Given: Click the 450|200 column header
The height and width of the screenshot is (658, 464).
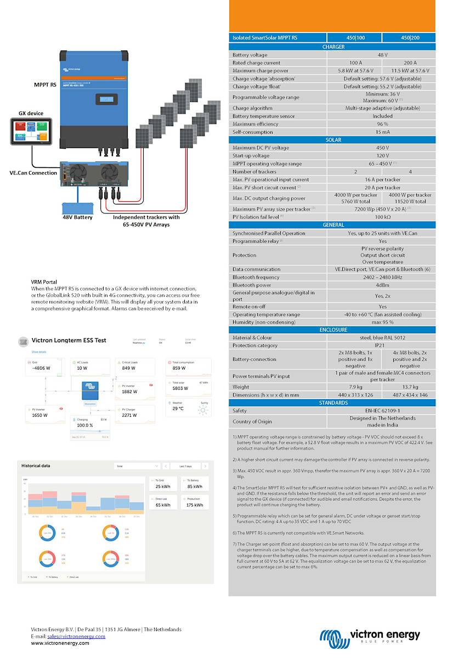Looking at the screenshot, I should tap(409, 38).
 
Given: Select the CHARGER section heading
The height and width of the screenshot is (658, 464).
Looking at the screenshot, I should tap(333, 47).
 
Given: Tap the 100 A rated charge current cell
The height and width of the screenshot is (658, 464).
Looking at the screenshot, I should tap(355, 63).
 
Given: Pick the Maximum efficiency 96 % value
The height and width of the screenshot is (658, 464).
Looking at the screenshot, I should tap(382, 124).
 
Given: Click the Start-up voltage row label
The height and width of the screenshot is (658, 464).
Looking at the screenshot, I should tap(251, 156).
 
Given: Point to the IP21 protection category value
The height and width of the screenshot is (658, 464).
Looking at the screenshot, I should tap(382, 345).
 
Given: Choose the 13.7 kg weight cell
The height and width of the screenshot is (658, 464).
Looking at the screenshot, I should tap(409, 387).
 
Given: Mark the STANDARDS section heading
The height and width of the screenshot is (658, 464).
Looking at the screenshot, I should tap(333, 403).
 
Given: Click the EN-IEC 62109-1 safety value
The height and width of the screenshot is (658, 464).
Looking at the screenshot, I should tap(382, 411).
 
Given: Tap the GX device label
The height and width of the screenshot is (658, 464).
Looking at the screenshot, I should tap(31, 114).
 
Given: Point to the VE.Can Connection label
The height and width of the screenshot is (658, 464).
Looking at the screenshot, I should tap(33, 173).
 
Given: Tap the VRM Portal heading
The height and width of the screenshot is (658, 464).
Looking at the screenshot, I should tap(44, 282).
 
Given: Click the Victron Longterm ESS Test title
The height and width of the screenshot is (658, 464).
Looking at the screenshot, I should tap(69, 341).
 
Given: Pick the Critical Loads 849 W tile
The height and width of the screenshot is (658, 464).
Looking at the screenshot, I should tap(134, 366).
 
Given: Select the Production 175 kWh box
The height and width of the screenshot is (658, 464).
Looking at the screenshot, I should tap(194, 502).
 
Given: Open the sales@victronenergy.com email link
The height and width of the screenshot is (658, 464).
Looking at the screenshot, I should tap(76, 636).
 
